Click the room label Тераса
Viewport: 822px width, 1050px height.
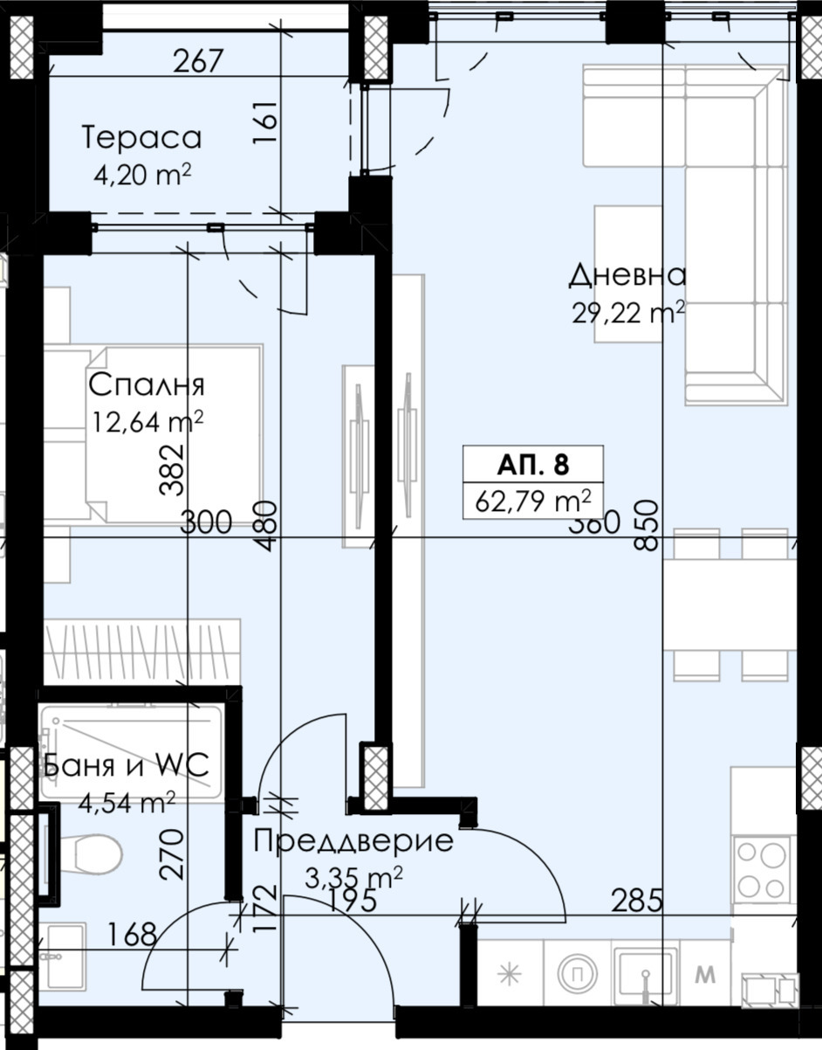click(x=141, y=137)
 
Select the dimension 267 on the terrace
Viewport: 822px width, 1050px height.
click(x=199, y=62)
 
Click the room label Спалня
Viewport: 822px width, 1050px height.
click(x=147, y=384)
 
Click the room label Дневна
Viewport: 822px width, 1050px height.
click(x=627, y=275)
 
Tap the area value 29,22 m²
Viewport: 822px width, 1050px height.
click(x=627, y=312)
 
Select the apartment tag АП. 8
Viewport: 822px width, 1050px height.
click(x=533, y=463)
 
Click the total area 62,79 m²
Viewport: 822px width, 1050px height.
click(x=533, y=501)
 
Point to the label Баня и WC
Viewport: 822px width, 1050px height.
click(x=125, y=766)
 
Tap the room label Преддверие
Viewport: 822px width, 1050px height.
click(x=353, y=841)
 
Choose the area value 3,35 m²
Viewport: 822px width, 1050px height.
click(x=353, y=876)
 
